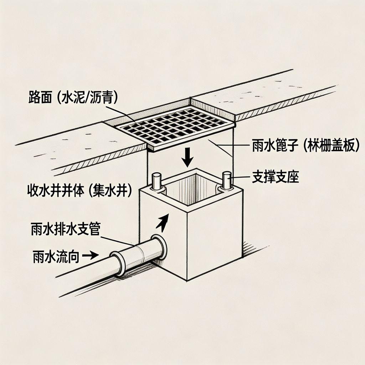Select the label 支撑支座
click(275, 178)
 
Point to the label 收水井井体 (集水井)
click(79, 191)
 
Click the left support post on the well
click(157, 182)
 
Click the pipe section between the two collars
click(138, 256)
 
